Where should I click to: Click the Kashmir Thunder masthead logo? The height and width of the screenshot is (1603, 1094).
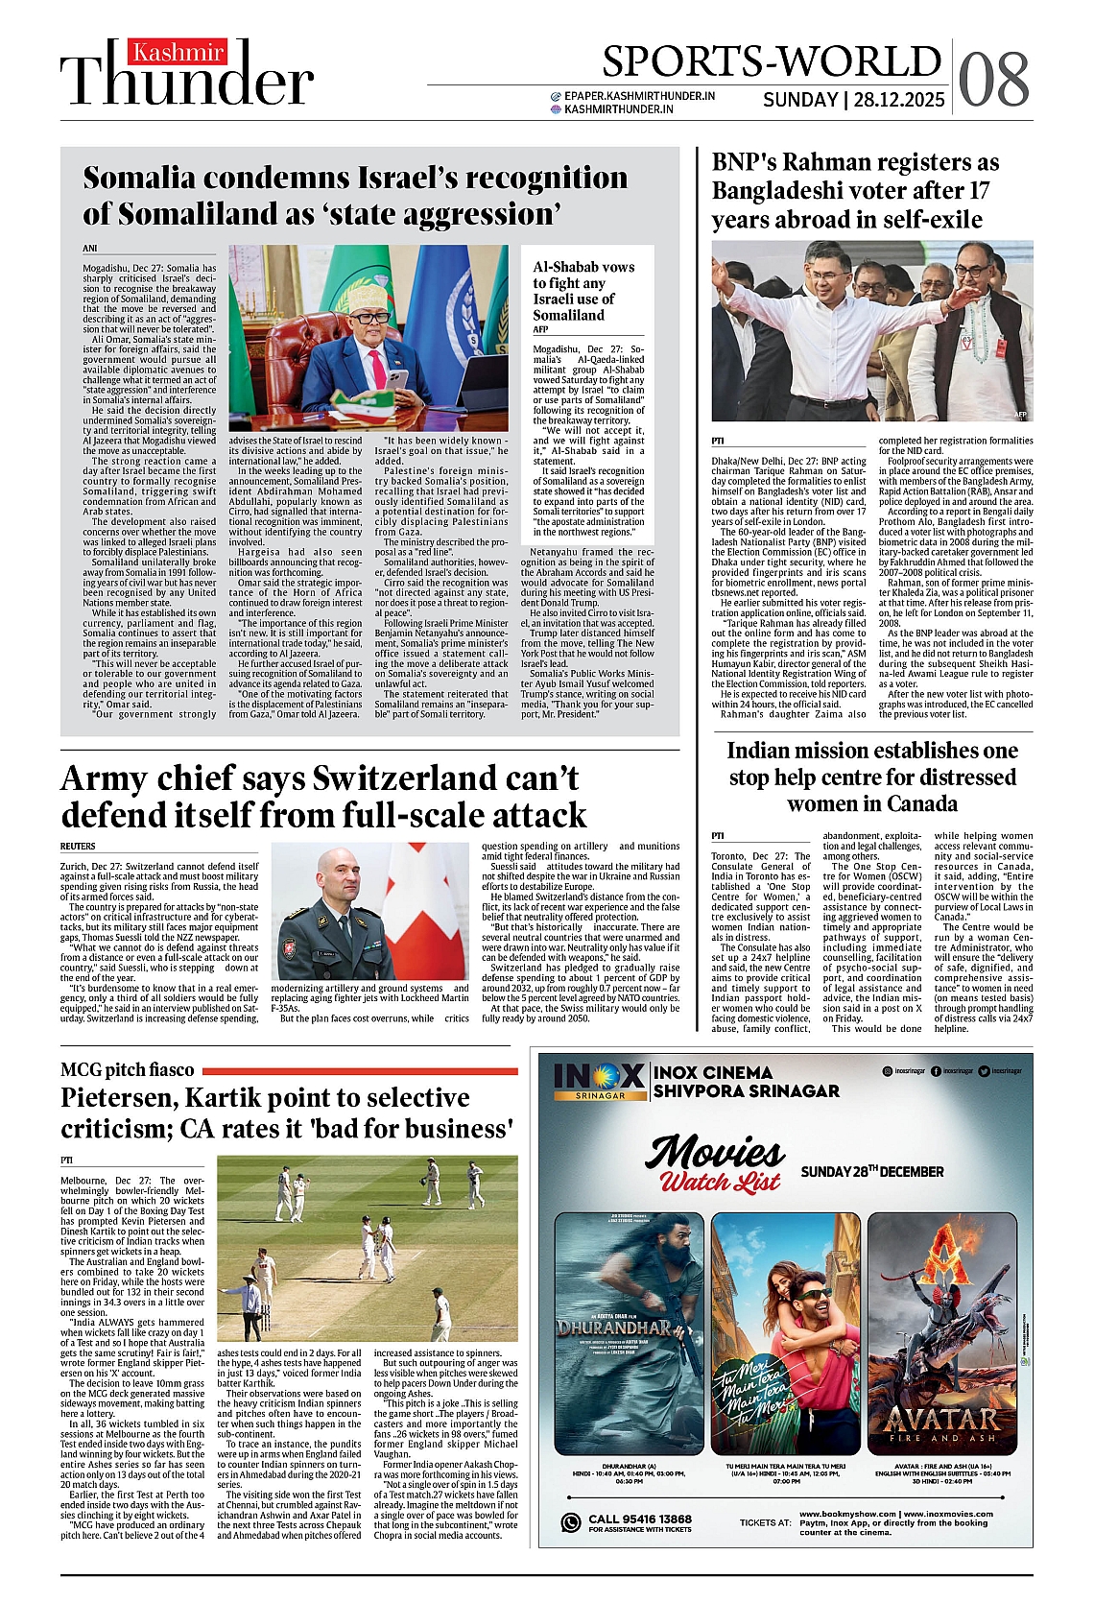tap(187, 73)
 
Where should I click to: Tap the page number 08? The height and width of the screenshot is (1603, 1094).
tap(993, 79)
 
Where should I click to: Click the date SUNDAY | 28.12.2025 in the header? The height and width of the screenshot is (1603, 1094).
tap(853, 100)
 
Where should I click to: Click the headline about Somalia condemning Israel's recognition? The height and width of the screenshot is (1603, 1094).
tap(355, 195)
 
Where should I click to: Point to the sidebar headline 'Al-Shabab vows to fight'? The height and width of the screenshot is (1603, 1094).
tap(583, 290)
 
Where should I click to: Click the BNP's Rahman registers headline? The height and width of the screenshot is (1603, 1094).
tap(854, 191)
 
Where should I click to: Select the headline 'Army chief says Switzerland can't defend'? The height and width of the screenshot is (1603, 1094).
tap(323, 796)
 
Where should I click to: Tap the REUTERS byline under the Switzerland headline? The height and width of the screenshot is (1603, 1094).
tap(78, 847)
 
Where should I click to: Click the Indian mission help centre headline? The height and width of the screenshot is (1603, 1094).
tap(871, 777)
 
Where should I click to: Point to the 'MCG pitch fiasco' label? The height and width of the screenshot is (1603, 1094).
tap(127, 1069)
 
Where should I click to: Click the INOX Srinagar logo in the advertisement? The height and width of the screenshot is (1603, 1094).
tap(599, 1081)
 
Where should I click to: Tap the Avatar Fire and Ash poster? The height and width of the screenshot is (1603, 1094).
tap(941, 1333)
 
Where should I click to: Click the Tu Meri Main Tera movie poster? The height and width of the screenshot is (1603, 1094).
tap(785, 1333)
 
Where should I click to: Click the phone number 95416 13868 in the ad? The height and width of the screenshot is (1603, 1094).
tap(653, 1519)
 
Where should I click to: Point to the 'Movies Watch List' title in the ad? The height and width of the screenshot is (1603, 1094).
tap(717, 1163)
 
